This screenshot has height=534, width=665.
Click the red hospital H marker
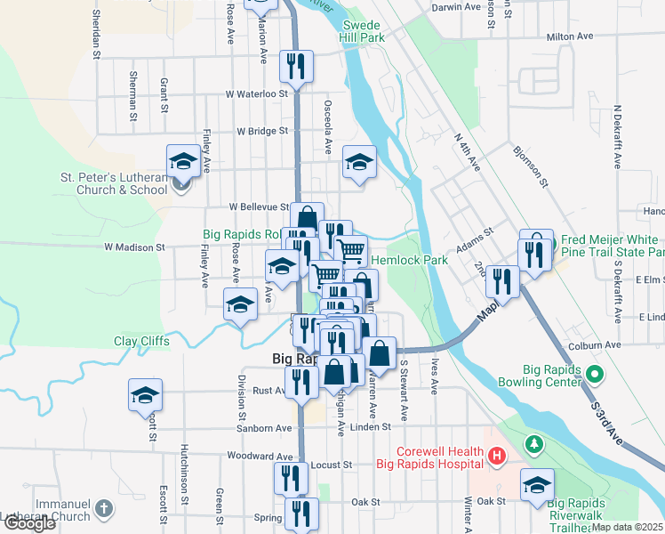496,457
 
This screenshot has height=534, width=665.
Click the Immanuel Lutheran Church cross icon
104,509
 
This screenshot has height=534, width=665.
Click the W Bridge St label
262,131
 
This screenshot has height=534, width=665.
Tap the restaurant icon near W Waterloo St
296,66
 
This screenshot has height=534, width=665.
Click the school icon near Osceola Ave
359,162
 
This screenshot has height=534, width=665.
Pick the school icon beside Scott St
146,395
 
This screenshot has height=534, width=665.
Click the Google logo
29,524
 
